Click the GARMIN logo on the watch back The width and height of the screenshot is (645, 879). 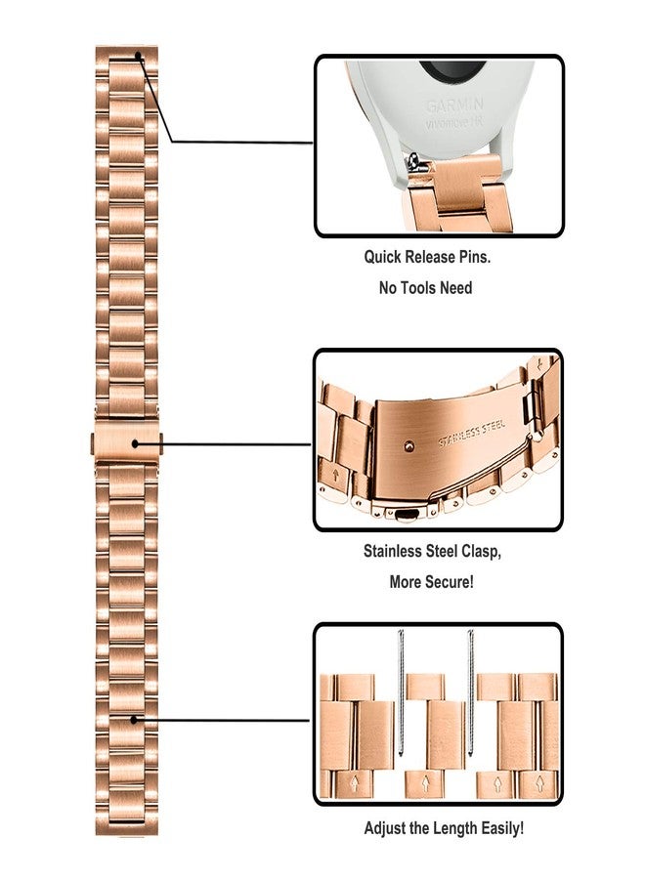(x=453, y=104)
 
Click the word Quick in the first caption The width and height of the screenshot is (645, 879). (x=384, y=258)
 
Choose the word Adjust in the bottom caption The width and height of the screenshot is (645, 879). (x=386, y=828)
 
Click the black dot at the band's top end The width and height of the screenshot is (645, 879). (x=139, y=56)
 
